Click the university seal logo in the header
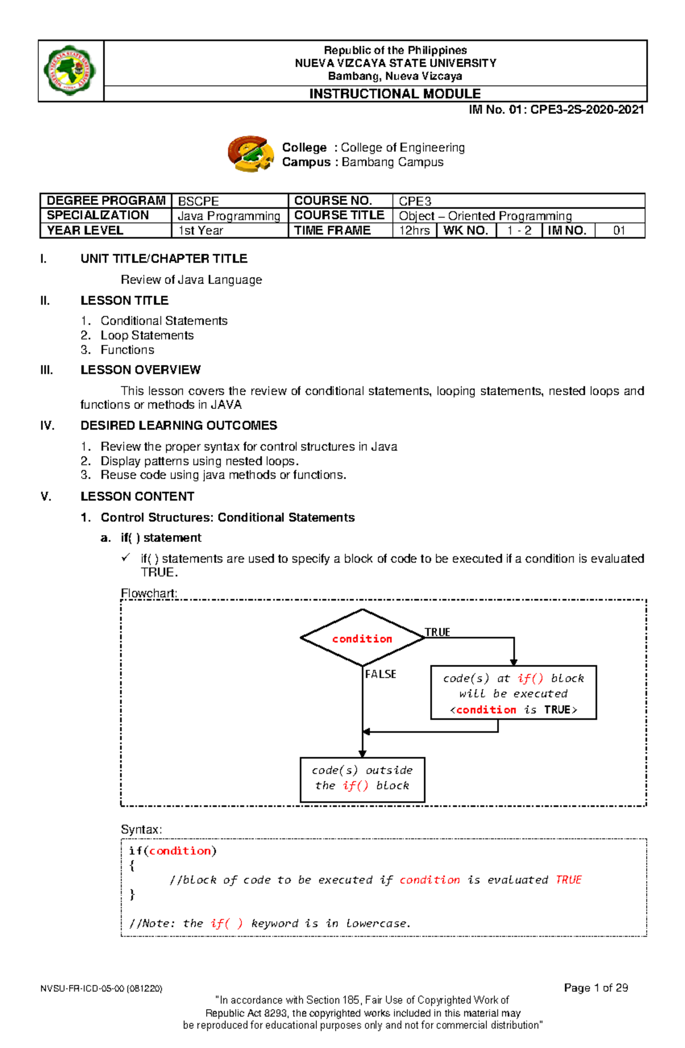70,70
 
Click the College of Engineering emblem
251,154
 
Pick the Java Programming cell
229,216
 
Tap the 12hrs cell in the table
414,231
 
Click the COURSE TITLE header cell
339,215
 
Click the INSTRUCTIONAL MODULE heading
394,94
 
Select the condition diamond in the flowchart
362,638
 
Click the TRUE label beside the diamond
437,632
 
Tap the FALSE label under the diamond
381,674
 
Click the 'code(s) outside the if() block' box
362,779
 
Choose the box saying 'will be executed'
513,693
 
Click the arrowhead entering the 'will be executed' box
514,662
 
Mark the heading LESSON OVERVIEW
140,370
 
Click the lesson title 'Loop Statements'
147,335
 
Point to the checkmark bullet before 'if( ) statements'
126,558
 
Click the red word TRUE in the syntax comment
569,880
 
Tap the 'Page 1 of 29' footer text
595,987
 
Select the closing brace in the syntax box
132,894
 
